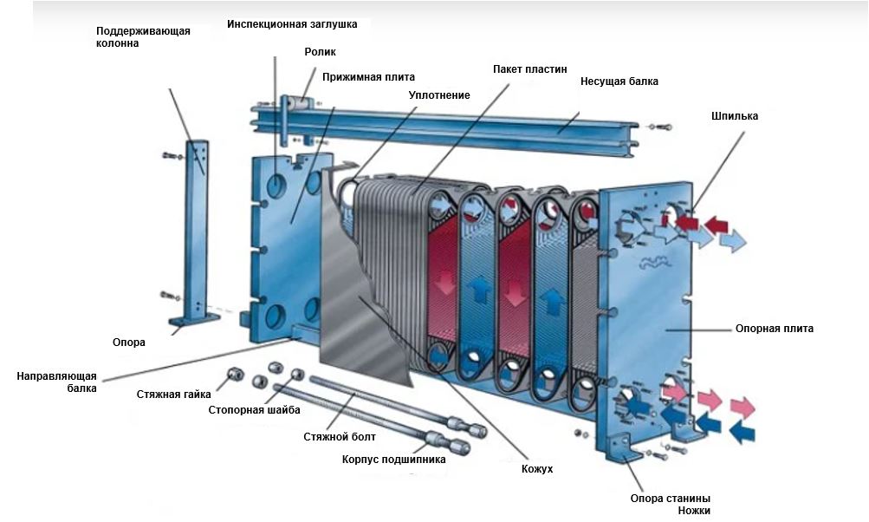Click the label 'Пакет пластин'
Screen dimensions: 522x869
[529, 69]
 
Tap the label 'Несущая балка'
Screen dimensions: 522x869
[619, 82]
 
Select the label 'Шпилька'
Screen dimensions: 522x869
[734, 115]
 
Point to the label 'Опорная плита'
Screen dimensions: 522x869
[774, 330]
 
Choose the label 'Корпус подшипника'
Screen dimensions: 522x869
[393, 459]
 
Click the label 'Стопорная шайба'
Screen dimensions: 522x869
[255, 409]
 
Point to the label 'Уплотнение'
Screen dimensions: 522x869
[439, 95]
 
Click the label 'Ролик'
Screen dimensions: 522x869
[319, 52]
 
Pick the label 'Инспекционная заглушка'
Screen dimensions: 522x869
[292, 24]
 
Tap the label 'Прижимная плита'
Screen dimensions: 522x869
[368, 76]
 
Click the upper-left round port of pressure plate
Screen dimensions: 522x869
[279, 184]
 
